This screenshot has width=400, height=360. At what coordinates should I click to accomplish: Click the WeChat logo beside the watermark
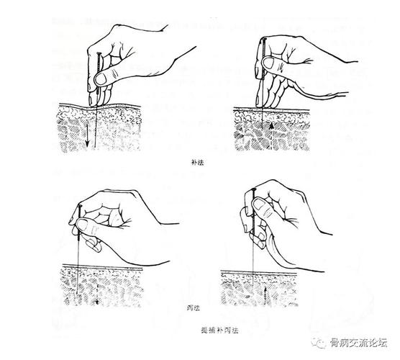click(321, 341)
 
